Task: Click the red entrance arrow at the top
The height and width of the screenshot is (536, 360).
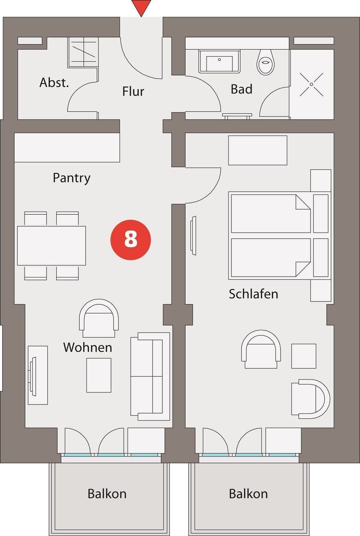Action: (141, 7)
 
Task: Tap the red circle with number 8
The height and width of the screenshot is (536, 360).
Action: (130, 240)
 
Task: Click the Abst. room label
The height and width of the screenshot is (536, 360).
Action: (54, 82)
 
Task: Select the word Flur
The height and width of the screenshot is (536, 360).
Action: (133, 91)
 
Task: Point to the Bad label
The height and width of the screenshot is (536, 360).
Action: (241, 89)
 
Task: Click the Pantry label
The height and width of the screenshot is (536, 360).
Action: (71, 178)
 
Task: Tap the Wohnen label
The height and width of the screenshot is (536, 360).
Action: (87, 347)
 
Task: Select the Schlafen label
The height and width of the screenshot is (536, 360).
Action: (253, 294)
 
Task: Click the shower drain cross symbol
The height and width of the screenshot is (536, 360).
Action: (311, 84)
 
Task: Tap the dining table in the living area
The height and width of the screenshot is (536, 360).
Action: (51, 246)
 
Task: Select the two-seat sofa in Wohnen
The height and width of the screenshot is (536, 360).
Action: (150, 376)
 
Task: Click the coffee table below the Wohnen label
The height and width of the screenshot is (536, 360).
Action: (99, 375)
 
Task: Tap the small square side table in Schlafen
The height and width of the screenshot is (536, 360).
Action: (304, 356)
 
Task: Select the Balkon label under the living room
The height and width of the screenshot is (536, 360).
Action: (107, 494)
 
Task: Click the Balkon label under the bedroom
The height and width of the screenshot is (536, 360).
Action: (248, 494)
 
